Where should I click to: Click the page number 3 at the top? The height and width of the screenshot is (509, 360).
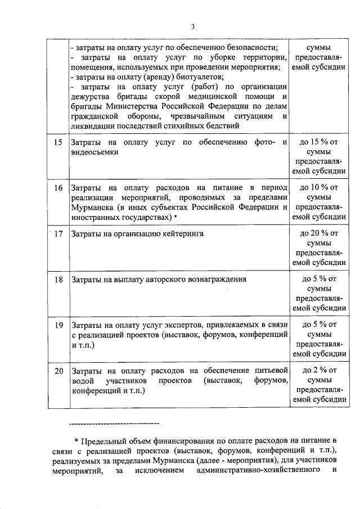click(192, 26)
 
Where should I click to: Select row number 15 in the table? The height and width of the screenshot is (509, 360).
click(58, 142)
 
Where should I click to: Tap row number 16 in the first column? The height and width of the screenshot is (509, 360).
click(58, 187)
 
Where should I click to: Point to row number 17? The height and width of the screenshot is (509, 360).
click(58, 233)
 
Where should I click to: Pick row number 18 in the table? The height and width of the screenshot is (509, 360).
click(58, 279)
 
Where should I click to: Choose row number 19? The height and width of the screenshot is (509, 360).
click(58, 325)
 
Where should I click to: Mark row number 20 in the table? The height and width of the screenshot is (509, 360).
click(58, 371)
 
